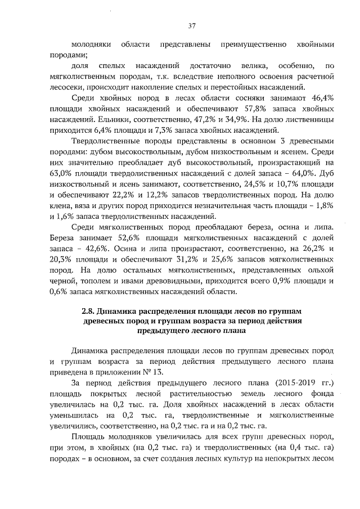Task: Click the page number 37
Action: point(191,25)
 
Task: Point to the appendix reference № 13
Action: point(154,371)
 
